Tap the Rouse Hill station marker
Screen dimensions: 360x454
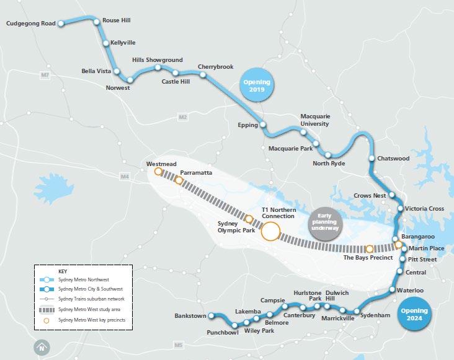click(97, 22)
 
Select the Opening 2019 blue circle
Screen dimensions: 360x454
click(257, 86)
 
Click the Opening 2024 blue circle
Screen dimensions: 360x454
click(414, 315)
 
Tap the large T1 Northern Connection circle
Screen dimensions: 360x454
click(270, 232)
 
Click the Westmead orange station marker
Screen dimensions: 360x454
click(158, 172)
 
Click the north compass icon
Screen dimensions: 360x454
click(42, 348)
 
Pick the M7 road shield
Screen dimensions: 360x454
click(44, 76)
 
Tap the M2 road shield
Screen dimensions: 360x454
click(182, 117)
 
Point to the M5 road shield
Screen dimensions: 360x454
click(179, 345)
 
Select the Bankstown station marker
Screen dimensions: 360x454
click(211, 316)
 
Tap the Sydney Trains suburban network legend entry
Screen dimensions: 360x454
click(89, 299)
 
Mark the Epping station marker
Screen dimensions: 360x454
click(263, 125)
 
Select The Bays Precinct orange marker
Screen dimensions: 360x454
click(369, 248)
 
